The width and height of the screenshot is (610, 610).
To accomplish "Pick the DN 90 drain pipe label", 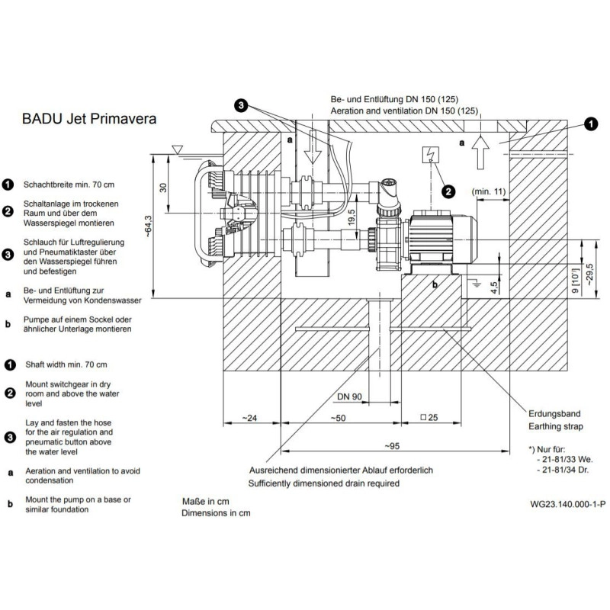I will click(x=348, y=396).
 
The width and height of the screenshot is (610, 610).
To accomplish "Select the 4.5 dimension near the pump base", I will click(x=494, y=287).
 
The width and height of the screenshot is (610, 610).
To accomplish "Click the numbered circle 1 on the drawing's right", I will click(x=590, y=123).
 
